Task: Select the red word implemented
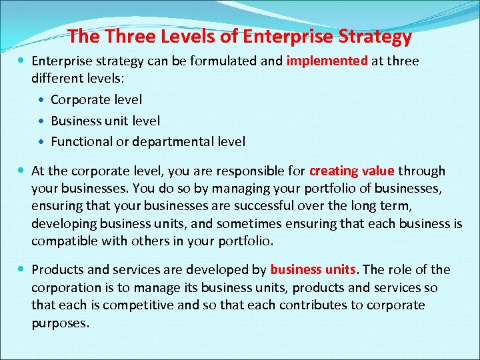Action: [327, 61]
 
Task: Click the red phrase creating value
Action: [352, 171]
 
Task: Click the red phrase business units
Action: [314, 270]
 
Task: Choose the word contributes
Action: [315, 305]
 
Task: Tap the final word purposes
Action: [60, 323]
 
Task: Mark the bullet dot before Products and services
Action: [23, 269]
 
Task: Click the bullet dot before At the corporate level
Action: [23, 171]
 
